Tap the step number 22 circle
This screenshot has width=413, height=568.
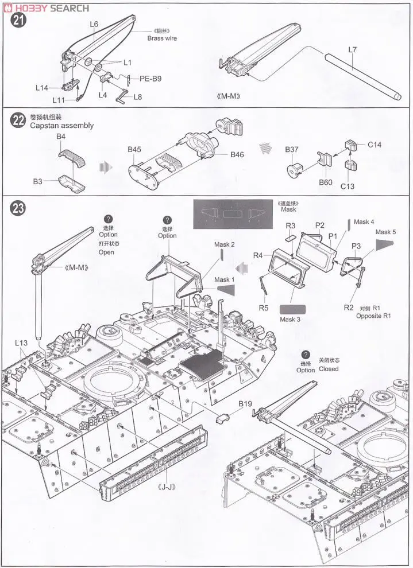click(x=18, y=121)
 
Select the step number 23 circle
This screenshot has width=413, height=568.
click(x=18, y=208)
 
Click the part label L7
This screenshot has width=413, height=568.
click(x=353, y=50)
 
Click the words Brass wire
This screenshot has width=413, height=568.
click(x=161, y=38)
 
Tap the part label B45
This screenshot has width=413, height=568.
click(x=134, y=150)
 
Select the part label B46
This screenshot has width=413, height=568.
click(x=237, y=155)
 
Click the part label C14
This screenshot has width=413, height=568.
click(x=375, y=145)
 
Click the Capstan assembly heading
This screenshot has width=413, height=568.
click(x=61, y=126)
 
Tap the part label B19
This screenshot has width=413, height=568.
click(x=245, y=404)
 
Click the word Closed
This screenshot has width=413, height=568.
click(x=329, y=369)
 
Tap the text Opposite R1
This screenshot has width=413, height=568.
click(x=373, y=316)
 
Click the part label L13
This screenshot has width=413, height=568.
click(x=21, y=343)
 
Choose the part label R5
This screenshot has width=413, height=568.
click(x=263, y=308)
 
